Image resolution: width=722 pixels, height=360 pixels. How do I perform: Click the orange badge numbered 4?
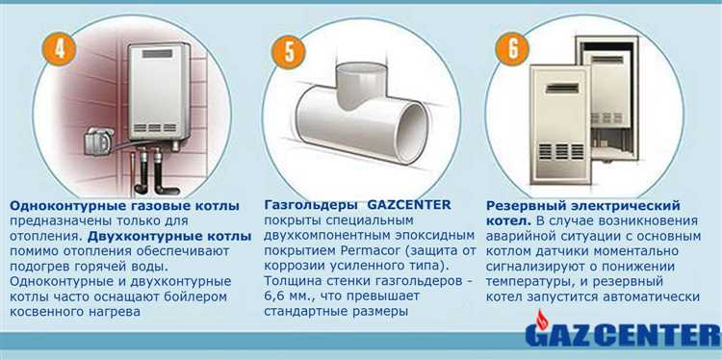[59, 49]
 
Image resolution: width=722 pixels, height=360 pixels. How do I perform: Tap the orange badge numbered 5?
[288, 52]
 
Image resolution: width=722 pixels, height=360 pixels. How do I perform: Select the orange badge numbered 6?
[512, 49]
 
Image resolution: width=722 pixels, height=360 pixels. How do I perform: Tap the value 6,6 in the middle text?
[273, 296]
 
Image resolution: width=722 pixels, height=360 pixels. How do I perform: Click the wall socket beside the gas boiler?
[98, 141]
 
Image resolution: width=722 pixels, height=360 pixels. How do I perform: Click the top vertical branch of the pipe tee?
[361, 85]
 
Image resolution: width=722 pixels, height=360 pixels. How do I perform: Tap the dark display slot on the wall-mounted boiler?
[158, 53]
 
